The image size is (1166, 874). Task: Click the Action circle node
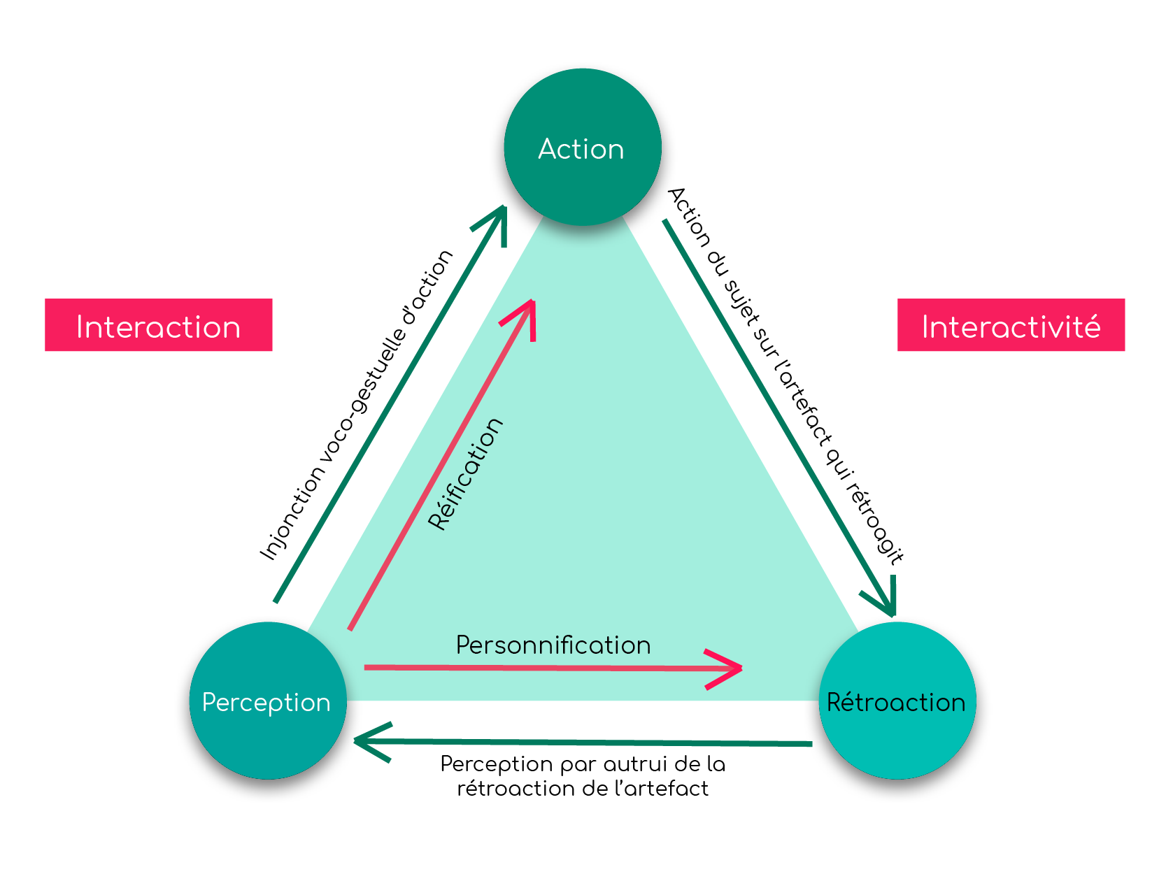(x=582, y=148)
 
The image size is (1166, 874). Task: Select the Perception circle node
(x=267, y=701)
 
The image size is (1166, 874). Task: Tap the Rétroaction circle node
(x=897, y=701)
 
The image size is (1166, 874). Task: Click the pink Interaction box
(x=158, y=325)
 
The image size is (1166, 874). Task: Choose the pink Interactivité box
(x=1011, y=325)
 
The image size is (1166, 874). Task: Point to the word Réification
(x=465, y=474)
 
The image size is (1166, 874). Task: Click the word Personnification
(x=553, y=645)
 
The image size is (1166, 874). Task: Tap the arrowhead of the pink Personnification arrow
(x=734, y=668)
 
